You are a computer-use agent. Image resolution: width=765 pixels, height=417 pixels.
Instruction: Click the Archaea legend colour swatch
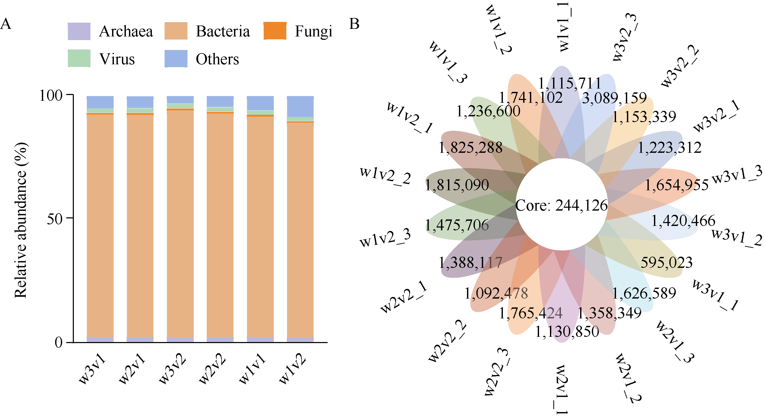point(79,31)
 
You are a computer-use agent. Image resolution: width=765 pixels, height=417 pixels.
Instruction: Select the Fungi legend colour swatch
point(275,31)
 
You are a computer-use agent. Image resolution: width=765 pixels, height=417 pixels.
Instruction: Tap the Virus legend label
point(117,59)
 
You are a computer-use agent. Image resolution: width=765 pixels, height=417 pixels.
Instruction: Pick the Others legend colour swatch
point(176,59)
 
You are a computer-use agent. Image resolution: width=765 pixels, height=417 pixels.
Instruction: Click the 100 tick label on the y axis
point(51,96)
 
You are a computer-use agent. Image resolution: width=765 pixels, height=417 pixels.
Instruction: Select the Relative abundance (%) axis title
point(21,220)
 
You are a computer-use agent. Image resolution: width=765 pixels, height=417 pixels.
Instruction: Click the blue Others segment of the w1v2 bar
point(300,106)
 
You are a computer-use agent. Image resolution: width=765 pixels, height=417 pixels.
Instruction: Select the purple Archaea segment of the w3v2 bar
point(180,339)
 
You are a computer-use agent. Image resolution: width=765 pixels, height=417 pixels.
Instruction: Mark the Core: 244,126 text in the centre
point(561,205)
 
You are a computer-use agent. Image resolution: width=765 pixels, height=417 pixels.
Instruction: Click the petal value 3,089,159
point(614,98)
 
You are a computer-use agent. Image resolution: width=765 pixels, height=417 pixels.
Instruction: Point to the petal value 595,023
point(666,262)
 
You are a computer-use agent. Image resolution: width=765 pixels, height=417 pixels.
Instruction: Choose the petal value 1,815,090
point(457,185)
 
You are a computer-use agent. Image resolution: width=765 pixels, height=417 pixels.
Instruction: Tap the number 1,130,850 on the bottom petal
point(567,331)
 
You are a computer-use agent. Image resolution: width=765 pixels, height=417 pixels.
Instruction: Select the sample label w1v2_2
point(385,176)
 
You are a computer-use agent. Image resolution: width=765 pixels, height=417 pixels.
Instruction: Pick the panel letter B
point(354,24)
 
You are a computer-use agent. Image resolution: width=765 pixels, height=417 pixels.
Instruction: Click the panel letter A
point(6,24)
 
